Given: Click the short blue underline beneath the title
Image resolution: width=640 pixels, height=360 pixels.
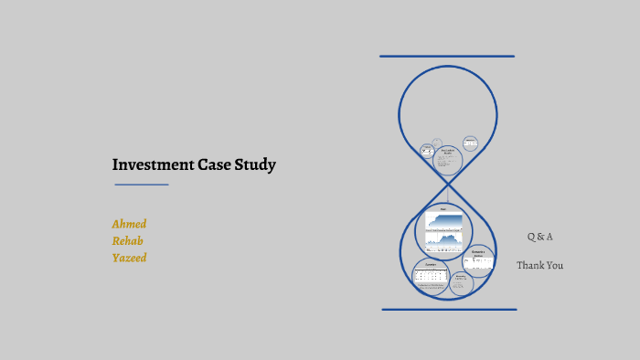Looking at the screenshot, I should pos(142,185).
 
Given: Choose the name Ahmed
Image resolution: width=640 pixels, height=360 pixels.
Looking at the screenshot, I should pos(129,224).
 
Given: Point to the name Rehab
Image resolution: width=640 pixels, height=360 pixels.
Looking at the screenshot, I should pos(127,241).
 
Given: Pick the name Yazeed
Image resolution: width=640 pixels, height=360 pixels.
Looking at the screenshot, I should pos(129,258).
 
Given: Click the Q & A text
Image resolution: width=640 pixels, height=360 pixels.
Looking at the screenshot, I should pos(539,237).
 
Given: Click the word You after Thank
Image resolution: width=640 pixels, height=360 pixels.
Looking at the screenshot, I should pos(555,265).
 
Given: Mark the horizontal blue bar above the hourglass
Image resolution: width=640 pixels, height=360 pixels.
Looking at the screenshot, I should pos(447,57).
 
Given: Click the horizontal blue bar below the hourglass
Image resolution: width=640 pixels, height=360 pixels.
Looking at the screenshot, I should pos(449,310).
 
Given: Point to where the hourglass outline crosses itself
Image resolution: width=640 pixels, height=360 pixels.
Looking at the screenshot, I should pos(448,187).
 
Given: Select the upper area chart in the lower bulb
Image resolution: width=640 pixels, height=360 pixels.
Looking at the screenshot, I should pos(443,219).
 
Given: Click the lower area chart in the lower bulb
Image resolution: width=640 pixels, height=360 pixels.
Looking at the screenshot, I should pos(443,240).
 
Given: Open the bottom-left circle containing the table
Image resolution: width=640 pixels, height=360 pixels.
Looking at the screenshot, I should pos(430,276).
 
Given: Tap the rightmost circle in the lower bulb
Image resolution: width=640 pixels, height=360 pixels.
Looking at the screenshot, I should pos(477,259).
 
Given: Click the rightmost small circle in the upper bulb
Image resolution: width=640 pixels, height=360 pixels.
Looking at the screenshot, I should pos(470,143).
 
